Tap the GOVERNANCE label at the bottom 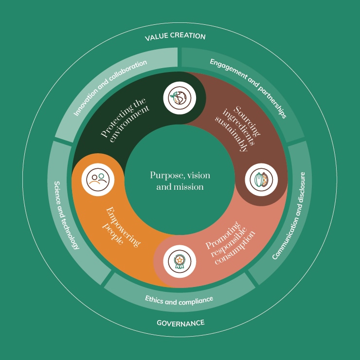(x=180, y=323)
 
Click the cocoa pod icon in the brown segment (x=261, y=179)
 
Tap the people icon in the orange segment (x=98, y=179)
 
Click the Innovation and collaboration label (x=110, y=88)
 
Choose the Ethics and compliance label (x=179, y=300)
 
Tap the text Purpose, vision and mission (x=180, y=180)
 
